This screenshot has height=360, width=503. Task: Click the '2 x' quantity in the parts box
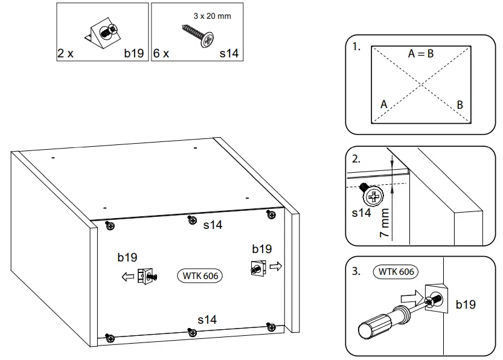tap(65, 53)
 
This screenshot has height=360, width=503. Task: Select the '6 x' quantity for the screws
tap(161, 53)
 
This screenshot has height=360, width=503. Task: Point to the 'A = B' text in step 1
tap(421, 54)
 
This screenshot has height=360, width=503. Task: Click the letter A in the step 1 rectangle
tap(383, 104)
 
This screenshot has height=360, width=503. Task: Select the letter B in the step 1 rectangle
tap(460, 104)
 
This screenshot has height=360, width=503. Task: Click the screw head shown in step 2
tap(373, 196)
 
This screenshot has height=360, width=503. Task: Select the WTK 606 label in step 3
tap(396, 272)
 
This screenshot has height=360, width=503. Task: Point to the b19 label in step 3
tap(466, 304)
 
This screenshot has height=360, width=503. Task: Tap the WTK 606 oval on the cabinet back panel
tap(200, 275)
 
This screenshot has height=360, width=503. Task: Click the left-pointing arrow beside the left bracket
tap(127, 277)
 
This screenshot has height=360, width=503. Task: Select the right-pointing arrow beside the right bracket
tap(275, 265)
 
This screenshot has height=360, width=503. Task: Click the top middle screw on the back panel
tap(191, 219)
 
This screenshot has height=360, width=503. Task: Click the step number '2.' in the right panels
tap(356, 160)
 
